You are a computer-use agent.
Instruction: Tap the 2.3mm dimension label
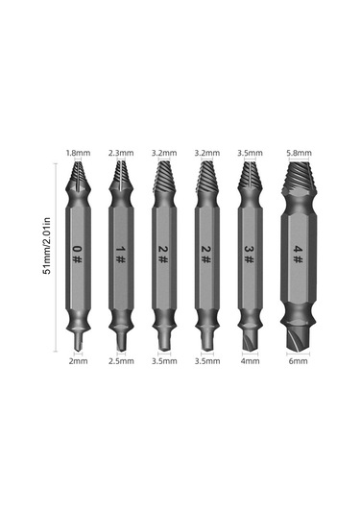119,152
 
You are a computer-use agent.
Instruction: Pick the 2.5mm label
119,362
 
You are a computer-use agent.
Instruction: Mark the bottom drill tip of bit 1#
119,339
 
